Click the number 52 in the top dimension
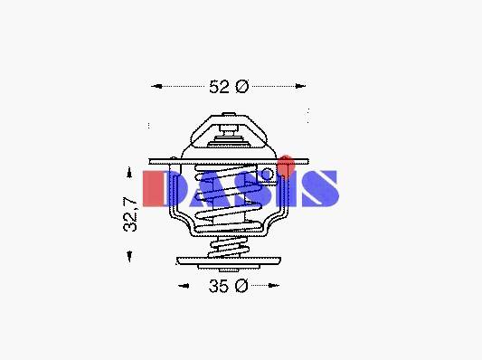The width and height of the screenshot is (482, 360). coord(219,87)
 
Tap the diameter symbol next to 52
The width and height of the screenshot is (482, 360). coord(242,87)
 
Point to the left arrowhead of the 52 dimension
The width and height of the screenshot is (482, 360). coord(156,86)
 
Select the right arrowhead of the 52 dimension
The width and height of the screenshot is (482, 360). coord(300,86)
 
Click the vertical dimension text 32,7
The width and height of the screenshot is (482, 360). coord(130,214)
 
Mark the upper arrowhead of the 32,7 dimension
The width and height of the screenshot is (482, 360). coord(129,173)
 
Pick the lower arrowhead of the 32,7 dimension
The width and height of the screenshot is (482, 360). coord(129,256)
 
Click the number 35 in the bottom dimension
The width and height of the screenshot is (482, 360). coord(219,286)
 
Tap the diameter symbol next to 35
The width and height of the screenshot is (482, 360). coord(241,286)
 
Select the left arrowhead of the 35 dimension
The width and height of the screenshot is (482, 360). coord(184,286)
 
